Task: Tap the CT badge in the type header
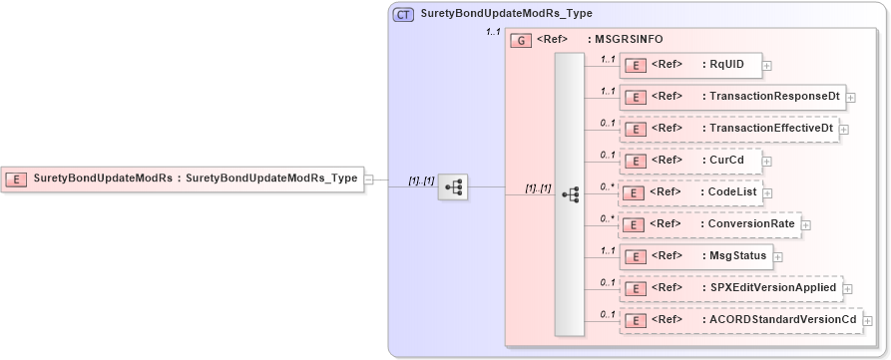[404, 15]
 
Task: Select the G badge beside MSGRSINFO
[520, 41]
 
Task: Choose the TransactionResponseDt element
[732, 97]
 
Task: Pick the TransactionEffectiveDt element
[727, 129]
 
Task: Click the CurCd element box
[688, 160]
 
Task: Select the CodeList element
[692, 192]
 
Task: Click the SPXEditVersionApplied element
[730, 288]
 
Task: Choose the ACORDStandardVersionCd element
[739, 320]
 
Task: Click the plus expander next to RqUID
[767, 67]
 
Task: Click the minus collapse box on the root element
[369, 180]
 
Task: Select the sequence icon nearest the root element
[453, 186]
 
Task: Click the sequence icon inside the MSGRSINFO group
[571, 195]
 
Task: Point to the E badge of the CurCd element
[635, 161]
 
